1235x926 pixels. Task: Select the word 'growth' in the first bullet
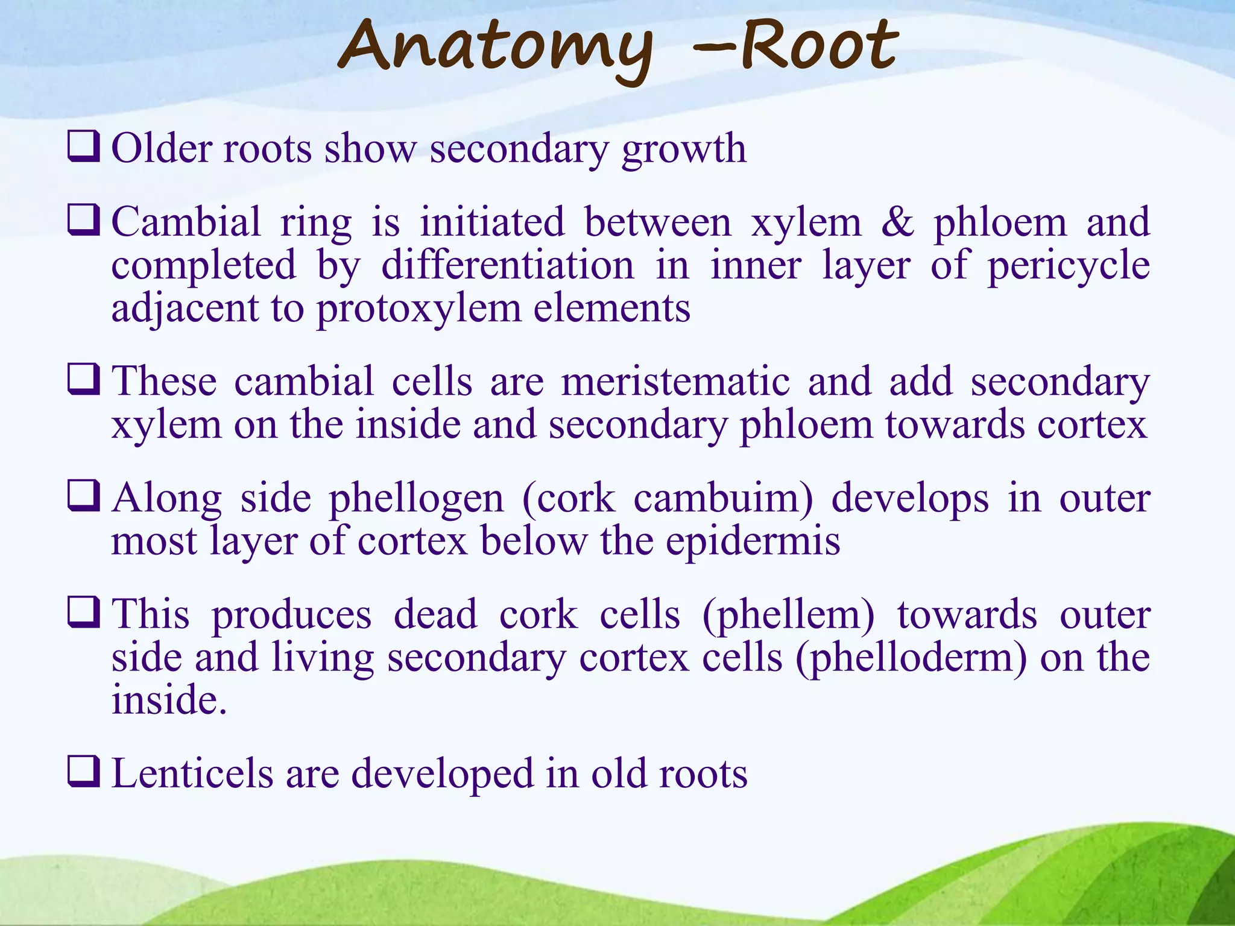coord(684,150)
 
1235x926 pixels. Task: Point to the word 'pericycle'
coord(1068,266)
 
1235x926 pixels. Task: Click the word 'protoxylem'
coord(419,309)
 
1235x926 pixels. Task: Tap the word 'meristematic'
coord(675,382)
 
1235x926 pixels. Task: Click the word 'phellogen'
coord(416,500)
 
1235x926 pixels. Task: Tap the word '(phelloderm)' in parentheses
coord(911,658)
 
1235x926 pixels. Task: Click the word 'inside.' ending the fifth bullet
coord(169,700)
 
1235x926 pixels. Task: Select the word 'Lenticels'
coord(192,773)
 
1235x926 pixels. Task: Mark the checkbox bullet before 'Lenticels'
coord(83,772)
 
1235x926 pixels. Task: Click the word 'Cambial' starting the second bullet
coord(186,222)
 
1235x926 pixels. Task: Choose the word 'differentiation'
coord(508,266)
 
